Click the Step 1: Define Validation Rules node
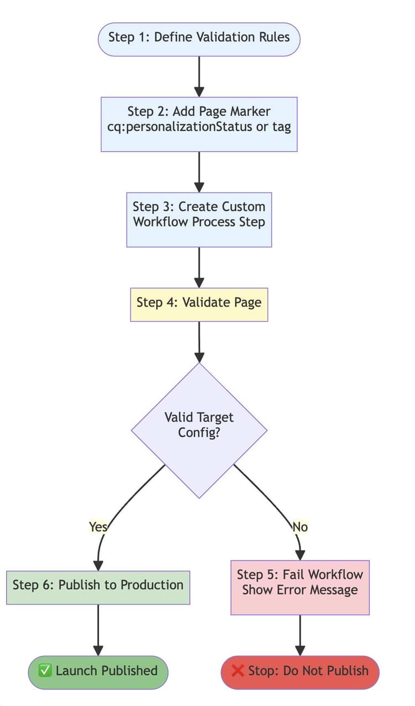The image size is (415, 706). click(x=199, y=38)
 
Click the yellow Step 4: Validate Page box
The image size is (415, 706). click(x=199, y=304)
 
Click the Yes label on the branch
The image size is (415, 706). click(x=98, y=527)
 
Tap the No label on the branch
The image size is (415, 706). click(x=300, y=527)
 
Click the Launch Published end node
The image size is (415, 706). click(x=98, y=672)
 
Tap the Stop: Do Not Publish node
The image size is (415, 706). click(x=300, y=672)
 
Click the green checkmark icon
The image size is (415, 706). click(x=45, y=671)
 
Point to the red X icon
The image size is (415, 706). click(x=237, y=671)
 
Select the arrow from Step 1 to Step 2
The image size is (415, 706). click(x=199, y=76)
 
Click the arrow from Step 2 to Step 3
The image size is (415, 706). click(x=199, y=172)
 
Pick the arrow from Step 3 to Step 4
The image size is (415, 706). click(x=199, y=267)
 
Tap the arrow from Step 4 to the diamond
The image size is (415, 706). click(x=199, y=341)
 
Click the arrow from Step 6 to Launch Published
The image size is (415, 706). click(x=98, y=630)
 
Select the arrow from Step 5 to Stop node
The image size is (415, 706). click(x=300, y=635)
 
